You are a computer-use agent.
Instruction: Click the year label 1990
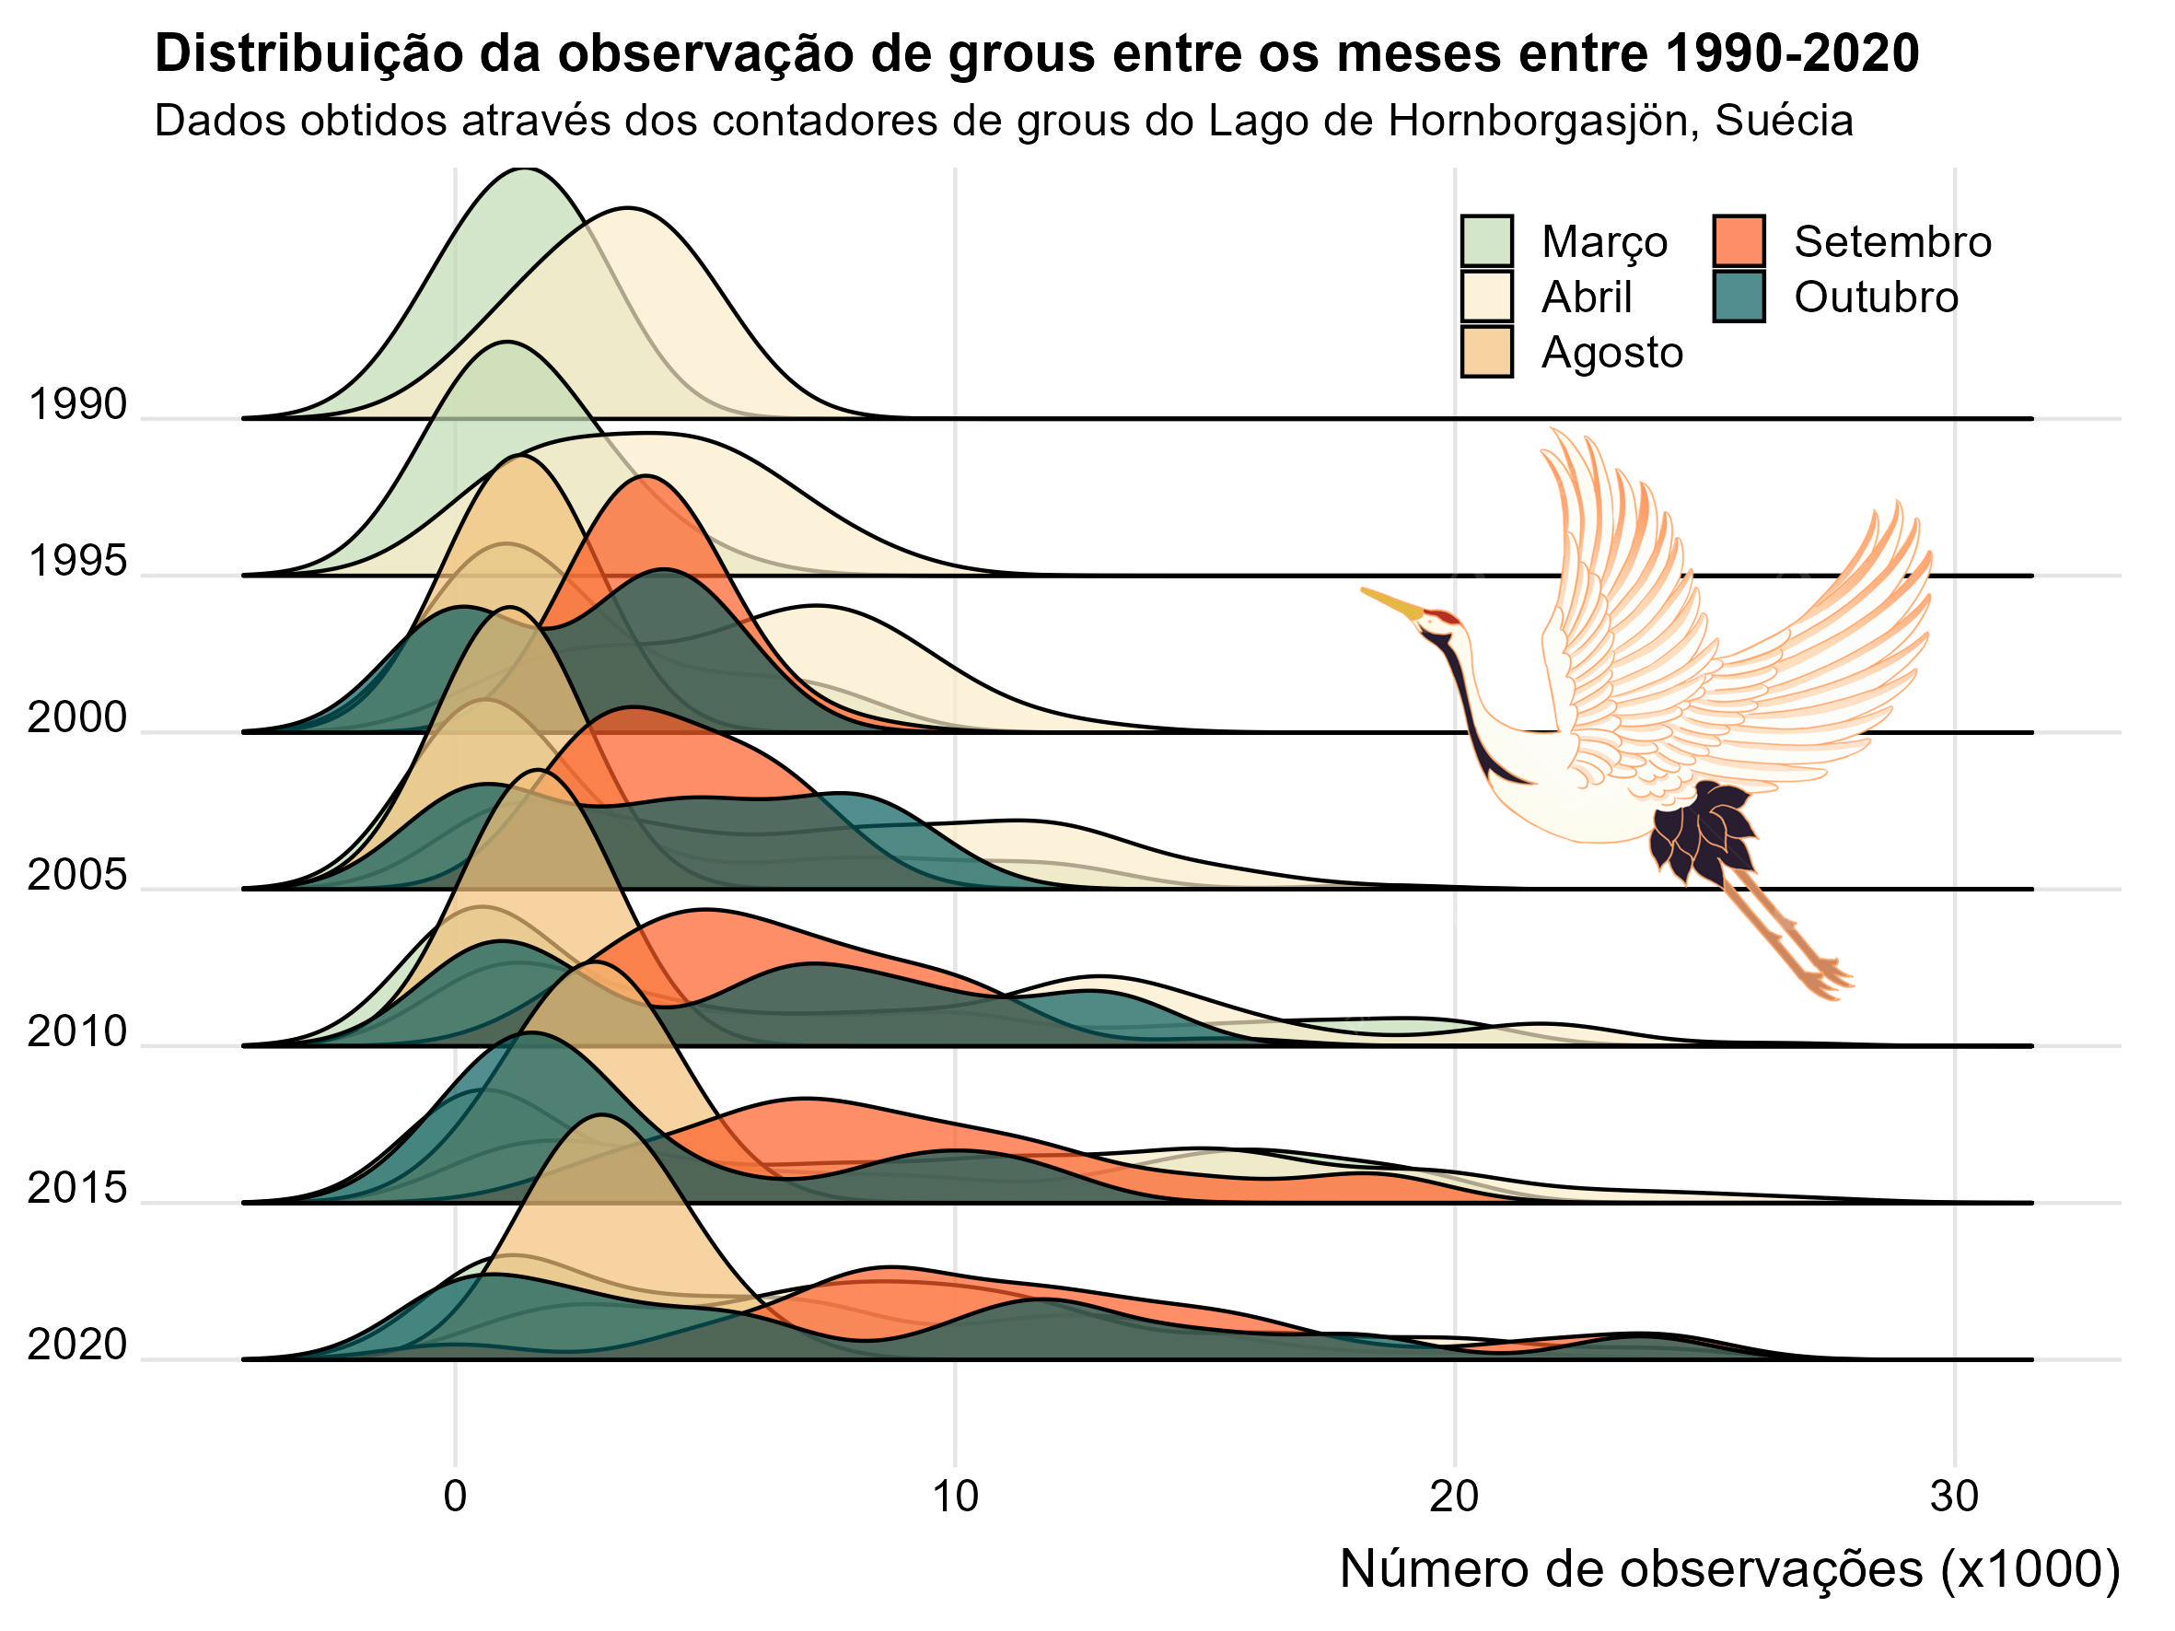click(x=77, y=404)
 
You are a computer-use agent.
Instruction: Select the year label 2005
click(x=77, y=874)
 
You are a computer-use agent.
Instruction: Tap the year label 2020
click(x=77, y=1344)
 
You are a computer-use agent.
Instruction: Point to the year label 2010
click(x=77, y=1031)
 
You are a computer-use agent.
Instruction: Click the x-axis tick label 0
click(x=454, y=1496)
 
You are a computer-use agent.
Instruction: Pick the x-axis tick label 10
click(x=955, y=1496)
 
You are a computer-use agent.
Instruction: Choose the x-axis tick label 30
click(x=1954, y=1496)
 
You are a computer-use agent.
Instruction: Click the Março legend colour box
click(x=1485, y=241)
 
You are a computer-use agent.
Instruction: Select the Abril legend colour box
click(x=1485, y=296)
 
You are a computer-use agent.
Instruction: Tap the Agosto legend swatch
click(x=1485, y=352)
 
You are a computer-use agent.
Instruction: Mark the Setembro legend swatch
click(x=1739, y=241)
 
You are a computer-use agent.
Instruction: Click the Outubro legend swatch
click(x=1739, y=296)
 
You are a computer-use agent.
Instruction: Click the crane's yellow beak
click(x=1391, y=602)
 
